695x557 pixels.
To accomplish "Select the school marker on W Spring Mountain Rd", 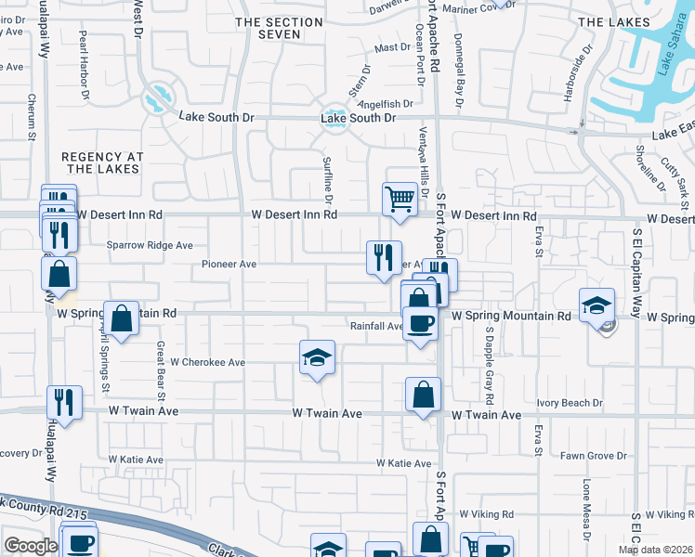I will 597,304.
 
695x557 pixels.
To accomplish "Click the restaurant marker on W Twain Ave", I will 64,402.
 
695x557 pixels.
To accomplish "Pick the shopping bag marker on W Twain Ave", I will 423,395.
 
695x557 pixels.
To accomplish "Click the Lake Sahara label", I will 662,73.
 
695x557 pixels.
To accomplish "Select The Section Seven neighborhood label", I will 268,28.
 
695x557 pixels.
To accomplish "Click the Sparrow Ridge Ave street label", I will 150,246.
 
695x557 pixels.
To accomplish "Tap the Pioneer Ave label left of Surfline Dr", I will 229,265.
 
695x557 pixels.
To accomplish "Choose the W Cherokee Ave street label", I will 207,363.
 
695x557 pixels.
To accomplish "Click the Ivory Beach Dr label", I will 570,404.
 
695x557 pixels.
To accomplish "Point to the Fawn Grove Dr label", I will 594,456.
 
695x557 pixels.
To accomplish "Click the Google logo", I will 31,546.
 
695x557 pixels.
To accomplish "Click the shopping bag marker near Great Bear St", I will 122,318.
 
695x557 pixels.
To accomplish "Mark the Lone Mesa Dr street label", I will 586,509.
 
